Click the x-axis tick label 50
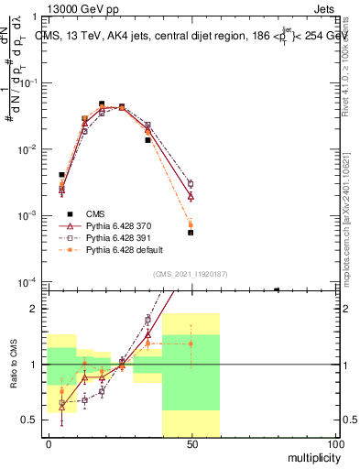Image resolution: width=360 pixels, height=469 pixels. [191, 442]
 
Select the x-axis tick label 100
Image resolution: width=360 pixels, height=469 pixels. [334, 442]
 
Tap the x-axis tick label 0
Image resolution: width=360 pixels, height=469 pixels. [49, 442]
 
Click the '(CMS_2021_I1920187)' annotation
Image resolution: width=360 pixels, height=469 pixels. [191, 274]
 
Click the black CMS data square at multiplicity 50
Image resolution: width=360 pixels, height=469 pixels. [191, 233]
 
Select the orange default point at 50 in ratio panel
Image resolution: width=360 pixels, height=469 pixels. [191, 344]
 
